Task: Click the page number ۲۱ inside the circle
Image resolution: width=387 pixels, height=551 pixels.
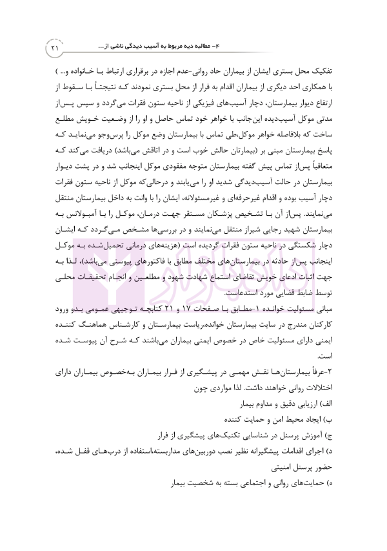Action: click(x=55, y=48)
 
